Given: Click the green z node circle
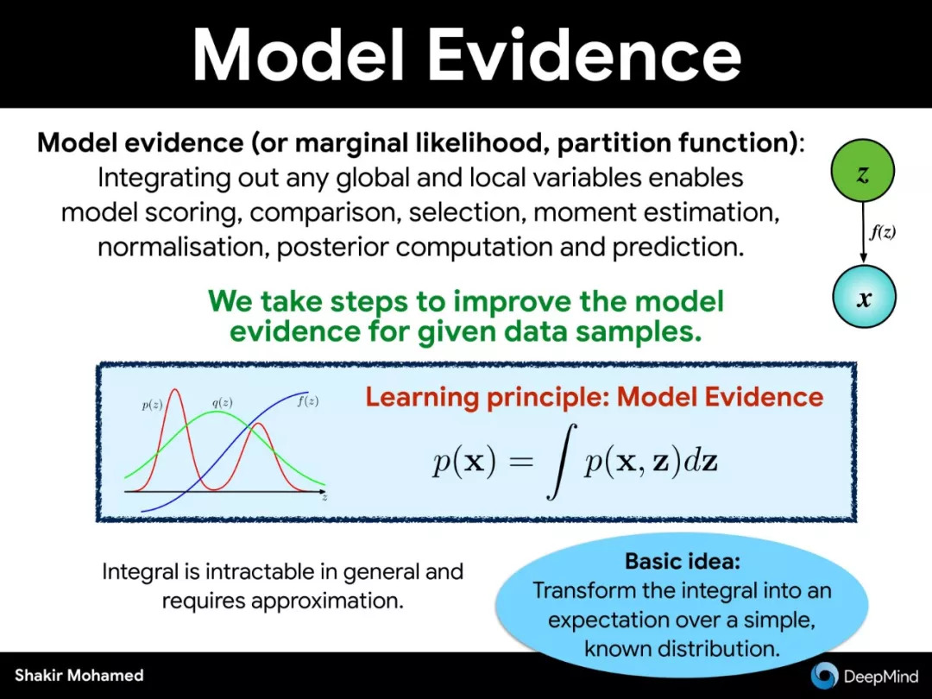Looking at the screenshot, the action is tap(862, 171).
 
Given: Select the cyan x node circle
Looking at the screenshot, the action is tap(864, 297).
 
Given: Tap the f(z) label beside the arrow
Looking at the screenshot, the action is tap(882, 232).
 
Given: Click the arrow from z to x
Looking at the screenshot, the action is tap(863, 234).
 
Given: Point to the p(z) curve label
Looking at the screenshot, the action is tap(152, 406).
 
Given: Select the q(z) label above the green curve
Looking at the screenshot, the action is tap(223, 402).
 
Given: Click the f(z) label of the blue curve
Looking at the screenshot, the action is tap(307, 401).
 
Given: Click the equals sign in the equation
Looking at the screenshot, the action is tap(521, 461).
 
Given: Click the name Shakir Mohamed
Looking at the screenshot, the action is tap(79, 675).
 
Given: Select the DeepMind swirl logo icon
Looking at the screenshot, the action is tap(824, 674).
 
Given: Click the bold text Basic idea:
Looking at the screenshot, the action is tap(683, 561).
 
